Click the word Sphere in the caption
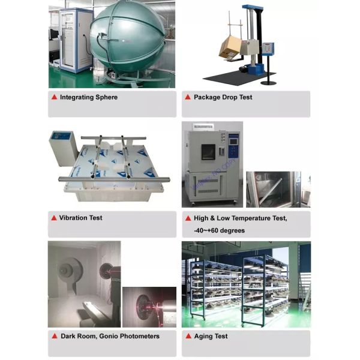(107, 97)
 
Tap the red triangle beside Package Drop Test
(188, 97)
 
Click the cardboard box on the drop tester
(230, 48)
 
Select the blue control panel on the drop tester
(268, 49)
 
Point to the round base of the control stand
(269, 82)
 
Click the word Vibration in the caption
(73, 218)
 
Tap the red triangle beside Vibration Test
(54, 218)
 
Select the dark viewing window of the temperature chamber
(208, 152)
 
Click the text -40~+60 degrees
(219, 230)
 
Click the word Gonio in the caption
(109, 336)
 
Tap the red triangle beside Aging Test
(188, 336)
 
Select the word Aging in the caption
(203, 337)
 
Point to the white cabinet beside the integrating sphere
(76, 40)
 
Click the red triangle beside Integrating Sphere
(55, 97)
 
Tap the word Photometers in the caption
(140, 336)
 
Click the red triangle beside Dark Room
(55, 336)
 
